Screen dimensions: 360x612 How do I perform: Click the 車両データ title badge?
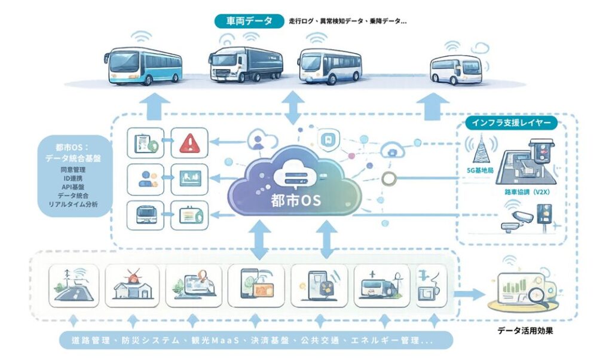(248, 22)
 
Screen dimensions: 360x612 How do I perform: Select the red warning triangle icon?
(189, 142)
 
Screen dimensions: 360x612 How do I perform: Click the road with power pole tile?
(74, 285)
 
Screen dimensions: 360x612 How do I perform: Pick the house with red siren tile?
(132, 285)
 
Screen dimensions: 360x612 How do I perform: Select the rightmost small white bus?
(456, 69)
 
